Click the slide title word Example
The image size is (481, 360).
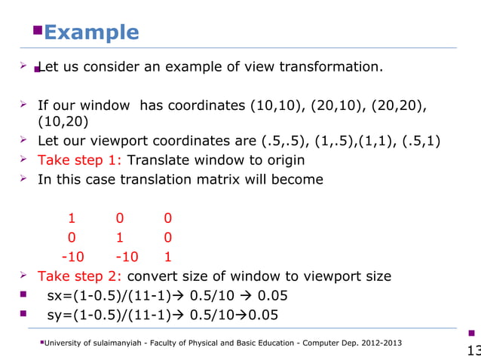[91, 32]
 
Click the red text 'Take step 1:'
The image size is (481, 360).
[81, 160]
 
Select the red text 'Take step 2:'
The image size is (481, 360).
[81, 276]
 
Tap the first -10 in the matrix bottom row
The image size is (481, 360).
[72, 256]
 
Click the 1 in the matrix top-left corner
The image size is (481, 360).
[72, 218]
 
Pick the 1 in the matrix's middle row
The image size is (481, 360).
[119, 237]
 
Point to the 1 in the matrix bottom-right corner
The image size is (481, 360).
[167, 256]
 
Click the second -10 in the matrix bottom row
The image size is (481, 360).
[119, 256]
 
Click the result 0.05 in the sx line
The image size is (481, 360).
[272, 295]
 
